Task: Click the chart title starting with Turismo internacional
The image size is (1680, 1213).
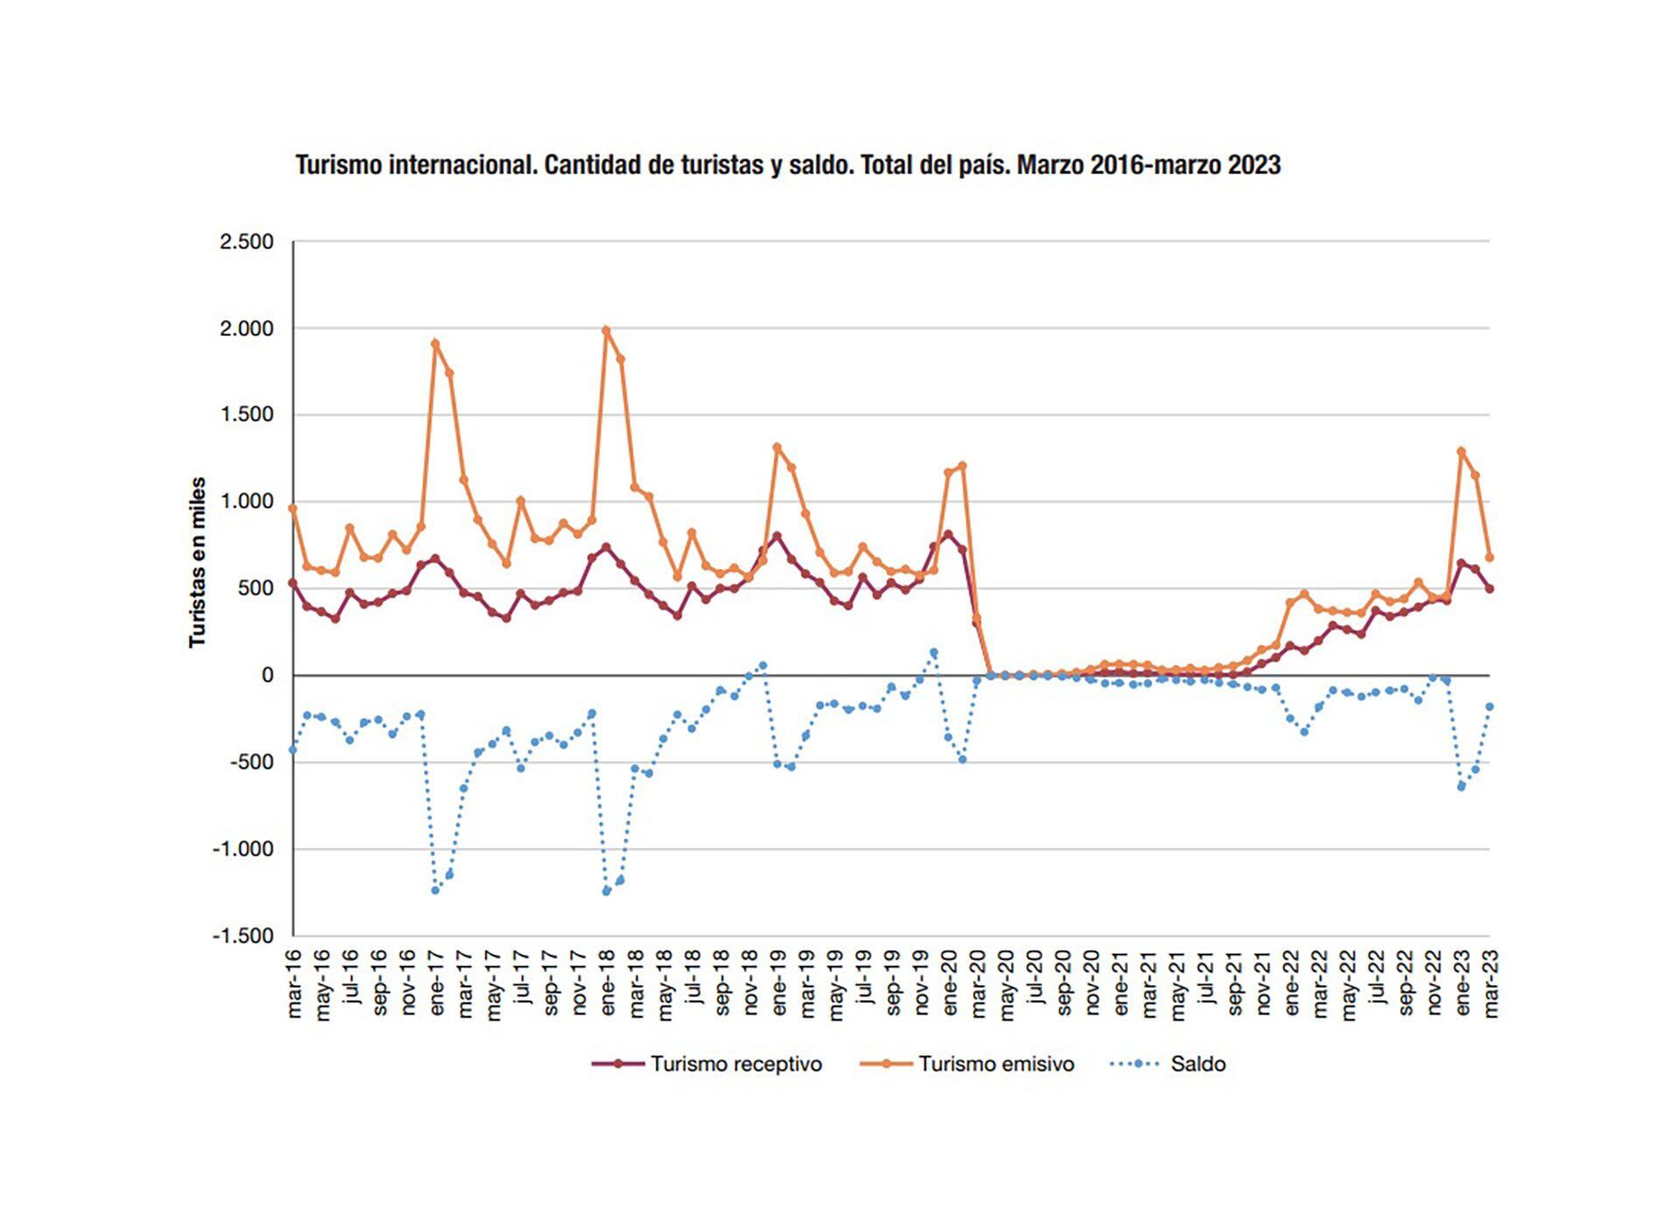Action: click(x=787, y=165)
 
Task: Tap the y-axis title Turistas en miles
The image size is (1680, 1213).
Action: click(x=198, y=562)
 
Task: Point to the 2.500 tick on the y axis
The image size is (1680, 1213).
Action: click(x=247, y=242)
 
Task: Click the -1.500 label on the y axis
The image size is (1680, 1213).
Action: click(x=243, y=936)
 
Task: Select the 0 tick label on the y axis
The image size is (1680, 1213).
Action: click(x=267, y=676)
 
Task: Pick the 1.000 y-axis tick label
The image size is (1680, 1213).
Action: click(x=247, y=501)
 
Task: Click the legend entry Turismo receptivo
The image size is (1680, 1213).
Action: click(x=735, y=1063)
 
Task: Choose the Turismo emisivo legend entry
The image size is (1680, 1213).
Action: click(x=996, y=1063)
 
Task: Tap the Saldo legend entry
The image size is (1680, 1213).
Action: click(x=1197, y=1063)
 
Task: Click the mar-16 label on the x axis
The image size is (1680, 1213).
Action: click(x=294, y=984)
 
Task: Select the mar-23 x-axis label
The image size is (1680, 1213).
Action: click(x=1491, y=984)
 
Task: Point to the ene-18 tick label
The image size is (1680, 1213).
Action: click(x=607, y=984)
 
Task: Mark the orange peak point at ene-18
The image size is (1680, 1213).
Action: click(x=606, y=330)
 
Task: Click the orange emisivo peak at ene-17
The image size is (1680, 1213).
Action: click(x=435, y=343)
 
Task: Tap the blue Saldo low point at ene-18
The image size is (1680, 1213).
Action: click(x=606, y=891)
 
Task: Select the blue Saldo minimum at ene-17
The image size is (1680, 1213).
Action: click(x=435, y=890)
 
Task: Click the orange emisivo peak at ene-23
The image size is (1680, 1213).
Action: click(x=1461, y=452)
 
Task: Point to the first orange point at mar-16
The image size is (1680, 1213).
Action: click(x=293, y=508)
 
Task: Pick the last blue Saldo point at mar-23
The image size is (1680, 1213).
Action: click(x=1489, y=706)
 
